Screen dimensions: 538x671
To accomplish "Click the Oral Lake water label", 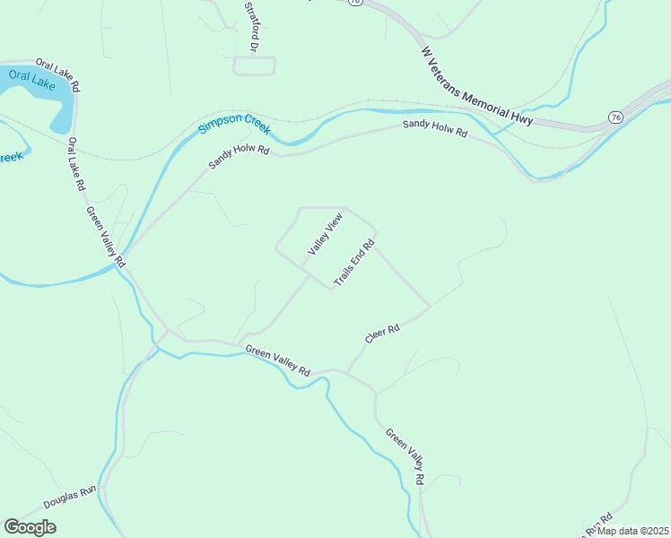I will (x=32, y=79).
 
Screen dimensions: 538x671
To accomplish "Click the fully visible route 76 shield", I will (x=614, y=117).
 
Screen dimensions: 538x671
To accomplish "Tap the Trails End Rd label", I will (x=353, y=264).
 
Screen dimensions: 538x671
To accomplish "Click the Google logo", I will (x=30, y=527).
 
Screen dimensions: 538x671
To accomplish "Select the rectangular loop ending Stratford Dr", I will (x=254, y=65).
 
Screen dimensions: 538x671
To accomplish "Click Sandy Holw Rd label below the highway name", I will (x=435, y=129).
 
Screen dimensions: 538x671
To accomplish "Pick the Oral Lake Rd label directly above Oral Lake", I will (x=57, y=74).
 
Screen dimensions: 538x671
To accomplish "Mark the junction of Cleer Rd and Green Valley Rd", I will (x=348, y=370).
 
